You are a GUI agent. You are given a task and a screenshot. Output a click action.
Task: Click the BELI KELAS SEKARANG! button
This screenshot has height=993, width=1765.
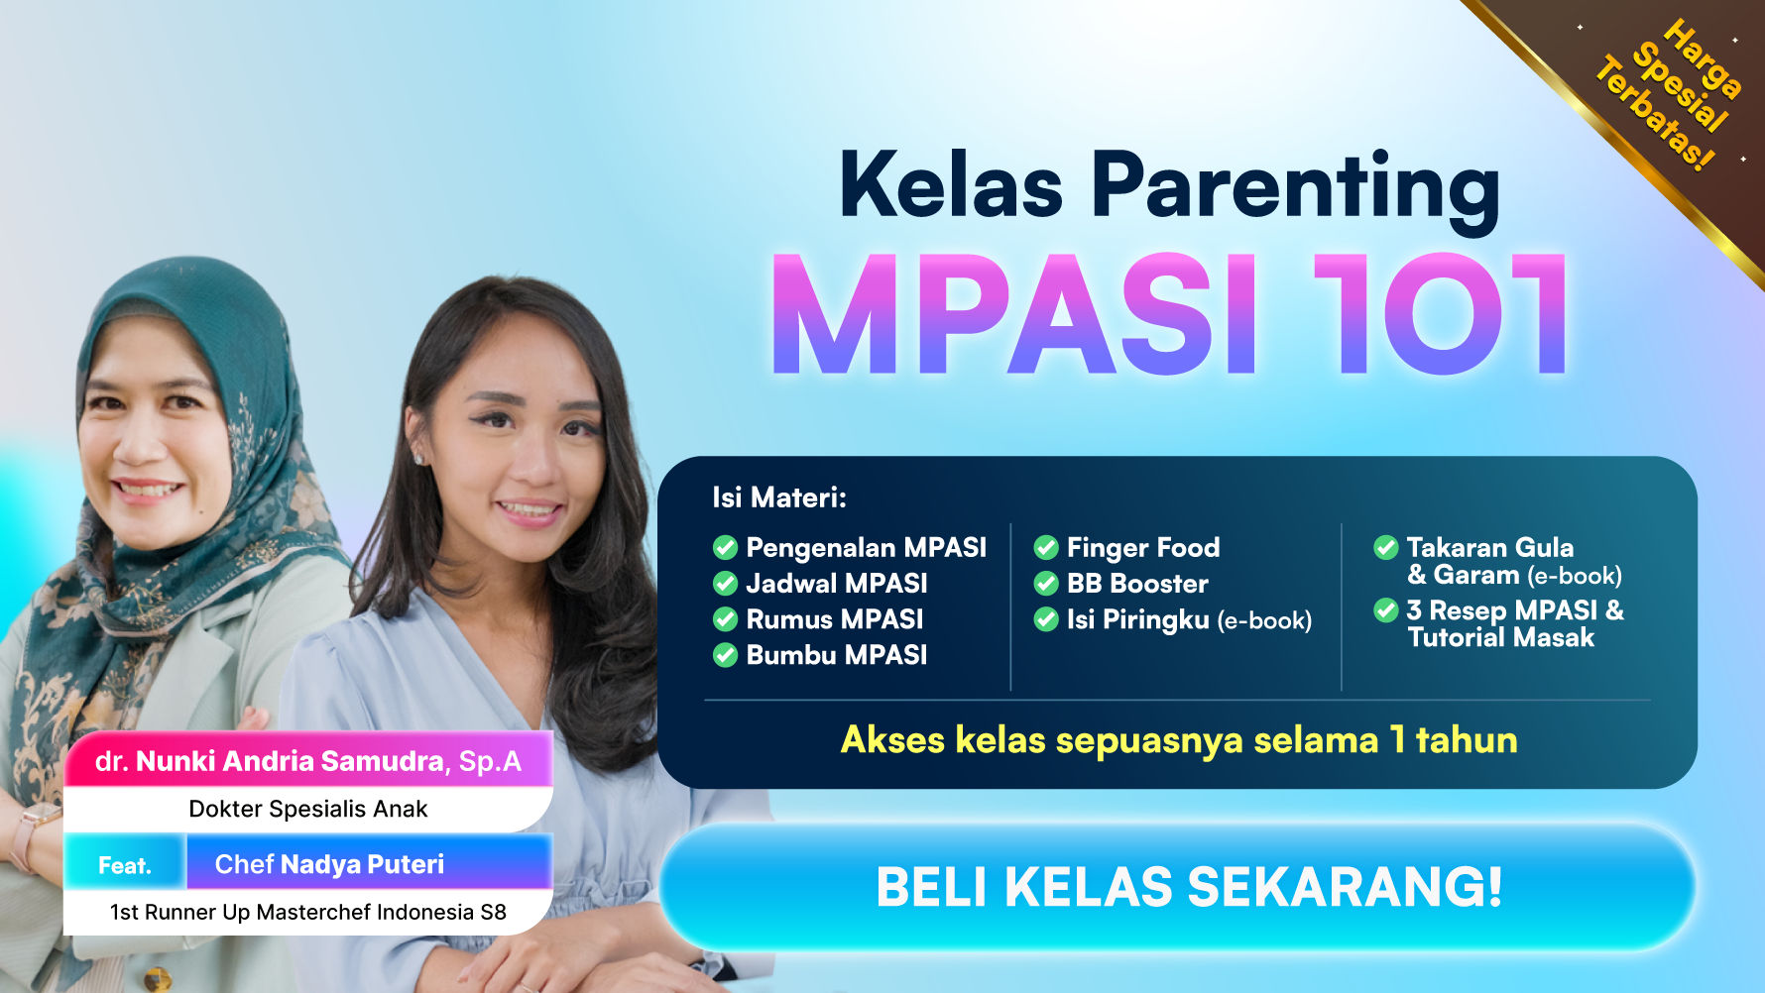1178,886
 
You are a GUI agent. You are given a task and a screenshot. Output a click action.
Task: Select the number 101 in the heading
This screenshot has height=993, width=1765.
1440,315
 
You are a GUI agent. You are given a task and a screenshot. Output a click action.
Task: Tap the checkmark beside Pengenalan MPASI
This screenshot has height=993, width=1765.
725,547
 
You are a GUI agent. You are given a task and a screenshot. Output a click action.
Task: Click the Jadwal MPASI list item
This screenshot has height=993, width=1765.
836,584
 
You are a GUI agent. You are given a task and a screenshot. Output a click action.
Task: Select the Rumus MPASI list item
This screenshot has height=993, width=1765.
834,619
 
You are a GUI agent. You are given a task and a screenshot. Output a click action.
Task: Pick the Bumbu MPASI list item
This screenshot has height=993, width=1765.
836,655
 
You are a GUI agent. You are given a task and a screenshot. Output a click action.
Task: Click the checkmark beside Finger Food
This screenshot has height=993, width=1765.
1045,547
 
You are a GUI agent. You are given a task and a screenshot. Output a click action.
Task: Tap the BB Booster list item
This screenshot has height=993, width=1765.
1136,584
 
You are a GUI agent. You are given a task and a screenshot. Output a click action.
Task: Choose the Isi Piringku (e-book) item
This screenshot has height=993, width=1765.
1188,620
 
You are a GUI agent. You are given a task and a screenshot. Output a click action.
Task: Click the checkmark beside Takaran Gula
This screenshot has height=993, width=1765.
1385,547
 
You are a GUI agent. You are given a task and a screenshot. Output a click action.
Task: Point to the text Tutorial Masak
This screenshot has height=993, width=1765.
1500,637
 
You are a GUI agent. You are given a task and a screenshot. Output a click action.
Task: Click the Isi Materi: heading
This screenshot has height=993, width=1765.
779,497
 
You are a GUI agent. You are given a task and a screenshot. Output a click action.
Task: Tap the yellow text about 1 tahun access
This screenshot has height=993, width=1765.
1178,740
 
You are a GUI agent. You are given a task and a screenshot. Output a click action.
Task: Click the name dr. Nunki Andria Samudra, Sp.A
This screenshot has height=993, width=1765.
307,761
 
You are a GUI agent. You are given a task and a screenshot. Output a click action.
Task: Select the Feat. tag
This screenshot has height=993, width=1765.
125,865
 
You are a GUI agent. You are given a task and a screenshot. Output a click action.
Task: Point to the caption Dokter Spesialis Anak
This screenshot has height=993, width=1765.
307,809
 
